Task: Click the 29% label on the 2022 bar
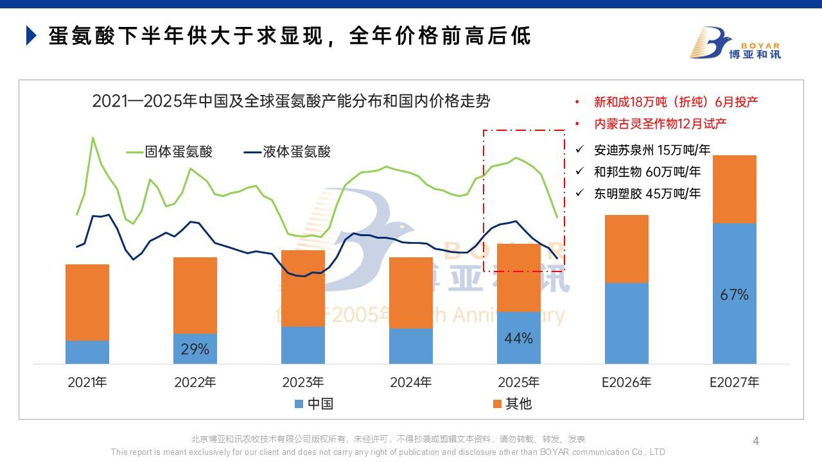coord(195,349)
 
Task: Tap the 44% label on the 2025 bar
coord(518,338)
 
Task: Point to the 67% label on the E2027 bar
coord(735,295)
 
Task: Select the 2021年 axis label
coord(87,382)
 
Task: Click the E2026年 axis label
coord(626,382)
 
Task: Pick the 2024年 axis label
coord(411,382)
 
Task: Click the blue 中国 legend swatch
coord(299,404)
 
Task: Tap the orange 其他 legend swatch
coord(497,404)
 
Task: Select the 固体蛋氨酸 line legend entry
coord(170,152)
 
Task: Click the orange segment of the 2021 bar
coord(87,302)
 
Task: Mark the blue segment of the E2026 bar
coord(626,323)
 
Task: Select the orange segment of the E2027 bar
coord(735,189)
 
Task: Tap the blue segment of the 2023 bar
coord(303,345)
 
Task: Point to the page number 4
coord(756,441)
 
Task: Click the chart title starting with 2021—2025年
coord(291,101)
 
